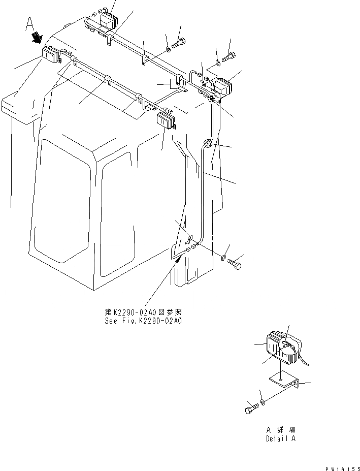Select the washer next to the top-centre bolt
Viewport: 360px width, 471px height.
(x=168, y=49)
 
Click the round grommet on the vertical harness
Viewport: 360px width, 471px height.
(x=207, y=144)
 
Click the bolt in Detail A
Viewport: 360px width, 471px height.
(x=251, y=409)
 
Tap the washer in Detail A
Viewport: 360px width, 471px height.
(x=262, y=403)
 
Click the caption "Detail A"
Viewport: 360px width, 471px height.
(x=280, y=438)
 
